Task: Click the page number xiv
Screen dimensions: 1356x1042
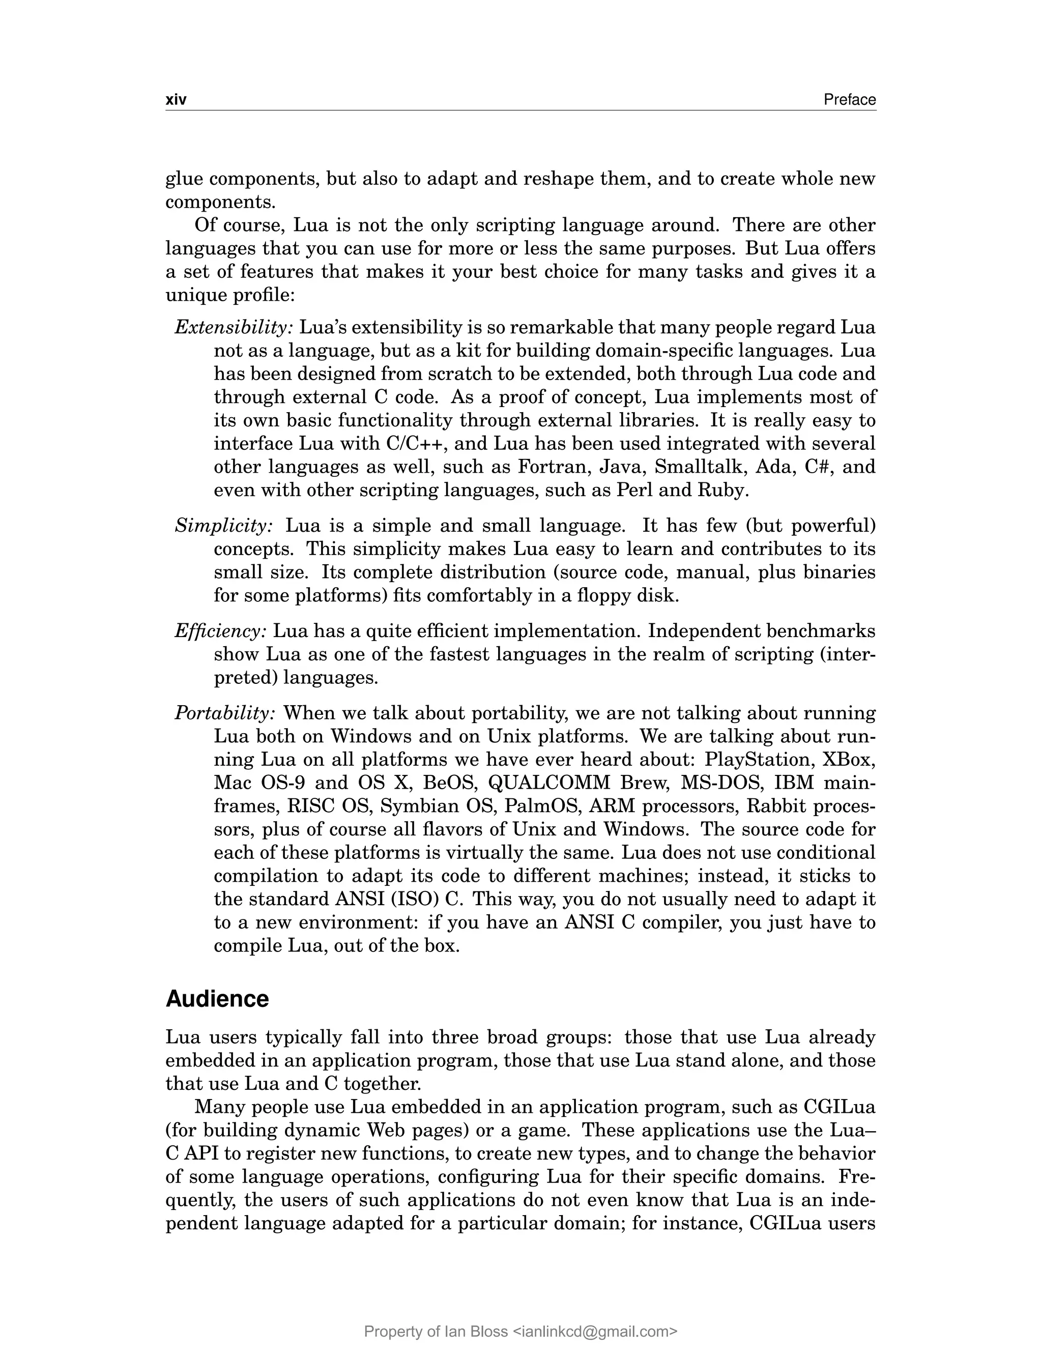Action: (176, 100)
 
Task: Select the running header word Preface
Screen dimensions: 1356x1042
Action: (849, 100)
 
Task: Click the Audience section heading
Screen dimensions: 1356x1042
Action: (217, 999)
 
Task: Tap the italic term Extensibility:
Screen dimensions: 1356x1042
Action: (233, 328)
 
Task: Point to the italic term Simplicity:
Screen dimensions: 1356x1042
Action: (223, 526)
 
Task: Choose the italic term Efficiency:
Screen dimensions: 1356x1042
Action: (221, 631)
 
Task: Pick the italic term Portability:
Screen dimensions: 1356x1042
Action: (224, 713)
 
